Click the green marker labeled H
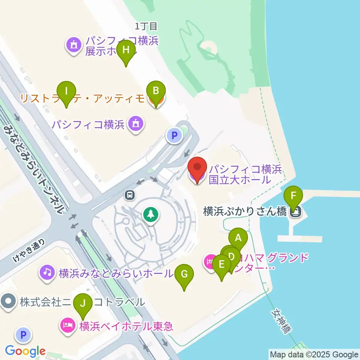pyautogui.click(x=126, y=50)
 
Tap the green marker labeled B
pyautogui.click(x=156, y=91)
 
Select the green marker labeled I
pyautogui.click(x=66, y=91)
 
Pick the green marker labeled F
pyautogui.click(x=294, y=195)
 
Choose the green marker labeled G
pyautogui.click(x=184, y=274)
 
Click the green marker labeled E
pyautogui.click(x=221, y=264)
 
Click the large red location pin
pyautogui.click(x=197, y=170)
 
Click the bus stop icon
pyautogui.click(x=130, y=194)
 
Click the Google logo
pyautogui.click(x=25, y=351)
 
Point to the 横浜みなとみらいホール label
pyautogui.click(x=115, y=273)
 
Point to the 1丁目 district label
pyautogui.click(x=146, y=26)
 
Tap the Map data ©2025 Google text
pyautogui.click(x=314, y=354)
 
